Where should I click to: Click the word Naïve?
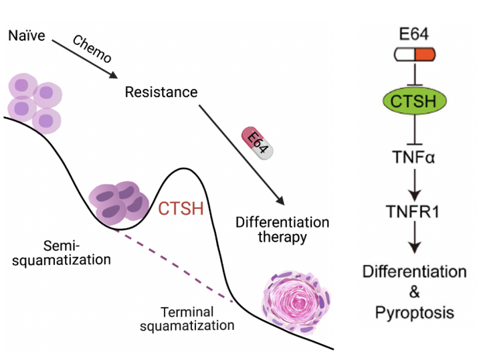click(x=26, y=35)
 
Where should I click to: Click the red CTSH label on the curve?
click(x=181, y=209)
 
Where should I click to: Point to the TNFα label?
click(x=414, y=158)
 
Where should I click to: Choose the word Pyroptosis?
click(x=414, y=312)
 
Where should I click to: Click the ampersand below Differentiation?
click(x=414, y=292)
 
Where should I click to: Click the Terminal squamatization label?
click(x=197, y=319)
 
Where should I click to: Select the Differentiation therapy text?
click(x=282, y=229)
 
